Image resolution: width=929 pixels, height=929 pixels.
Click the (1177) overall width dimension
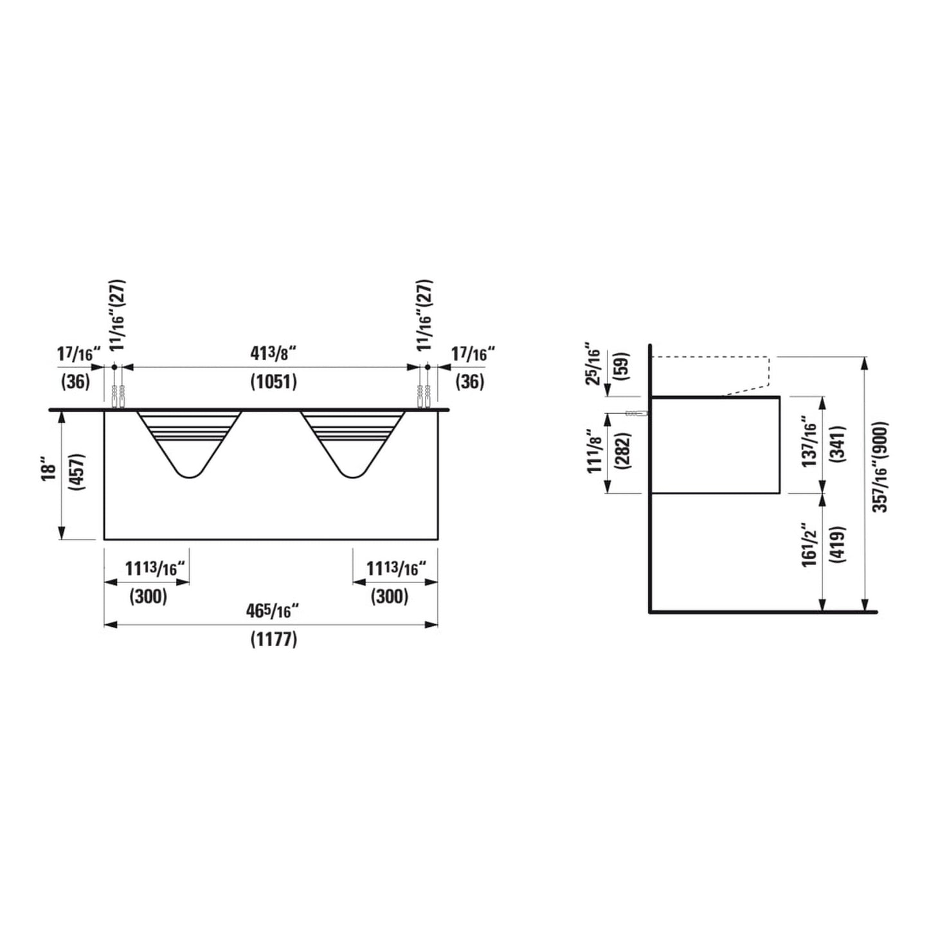[x=273, y=640]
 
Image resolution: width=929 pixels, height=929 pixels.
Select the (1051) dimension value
[x=273, y=382]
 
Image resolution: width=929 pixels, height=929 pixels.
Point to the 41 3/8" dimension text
[x=273, y=353]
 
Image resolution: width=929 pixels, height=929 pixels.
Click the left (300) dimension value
[x=149, y=596]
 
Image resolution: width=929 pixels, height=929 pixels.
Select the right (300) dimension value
[x=390, y=596]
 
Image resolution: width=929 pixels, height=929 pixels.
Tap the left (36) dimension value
[x=75, y=382]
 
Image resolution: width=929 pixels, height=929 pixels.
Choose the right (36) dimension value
[x=469, y=382]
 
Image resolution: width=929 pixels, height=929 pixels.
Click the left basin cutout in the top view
[x=189, y=440]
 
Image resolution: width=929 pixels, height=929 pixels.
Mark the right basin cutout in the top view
[x=352, y=440]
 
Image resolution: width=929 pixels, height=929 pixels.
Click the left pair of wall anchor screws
[x=118, y=397]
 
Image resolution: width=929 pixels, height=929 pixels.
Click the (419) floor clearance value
[x=838, y=545]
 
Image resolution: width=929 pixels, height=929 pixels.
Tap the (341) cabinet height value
[x=838, y=444]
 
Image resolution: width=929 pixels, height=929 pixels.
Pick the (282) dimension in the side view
[x=623, y=452]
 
